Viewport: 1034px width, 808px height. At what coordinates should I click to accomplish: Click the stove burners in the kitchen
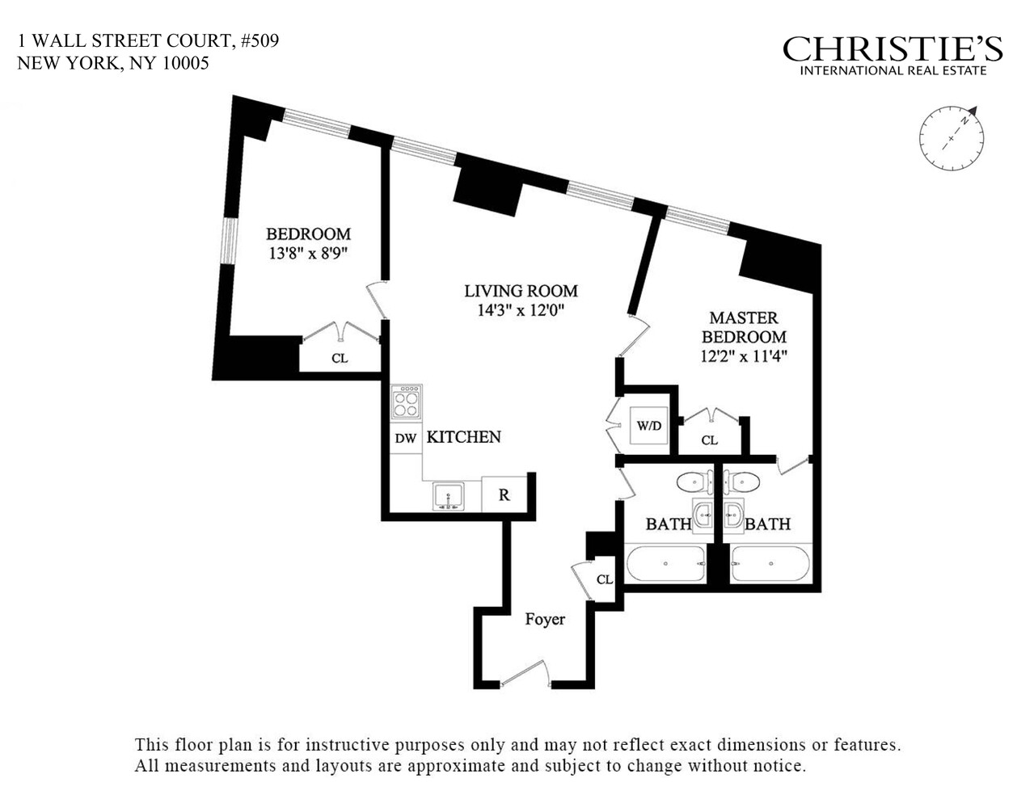(406, 402)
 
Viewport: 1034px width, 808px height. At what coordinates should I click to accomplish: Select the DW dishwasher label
(405, 439)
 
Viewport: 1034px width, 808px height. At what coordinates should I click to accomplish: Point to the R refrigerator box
(504, 495)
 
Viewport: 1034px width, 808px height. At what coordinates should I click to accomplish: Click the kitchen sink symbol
(447, 494)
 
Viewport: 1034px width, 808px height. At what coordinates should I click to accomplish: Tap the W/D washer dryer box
(648, 425)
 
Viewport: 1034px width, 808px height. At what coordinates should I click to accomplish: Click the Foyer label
(545, 620)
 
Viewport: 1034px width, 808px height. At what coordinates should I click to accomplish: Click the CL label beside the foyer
(605, 579)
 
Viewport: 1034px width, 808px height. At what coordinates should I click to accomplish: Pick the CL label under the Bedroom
(340, 357)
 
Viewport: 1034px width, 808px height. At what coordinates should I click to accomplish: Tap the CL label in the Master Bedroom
(709, 440)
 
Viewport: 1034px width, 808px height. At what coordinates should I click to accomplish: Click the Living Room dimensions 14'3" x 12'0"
(521, 310)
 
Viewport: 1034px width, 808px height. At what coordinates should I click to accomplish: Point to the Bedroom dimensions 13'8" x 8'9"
(308, 253)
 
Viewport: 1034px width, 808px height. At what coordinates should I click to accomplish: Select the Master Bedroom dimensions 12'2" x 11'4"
(744, 356)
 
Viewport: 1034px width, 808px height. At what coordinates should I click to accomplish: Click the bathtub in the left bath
(665, 563)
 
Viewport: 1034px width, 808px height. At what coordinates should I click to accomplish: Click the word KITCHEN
(463, 437)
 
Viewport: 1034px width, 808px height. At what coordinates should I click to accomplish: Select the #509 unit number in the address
(259, 40)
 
